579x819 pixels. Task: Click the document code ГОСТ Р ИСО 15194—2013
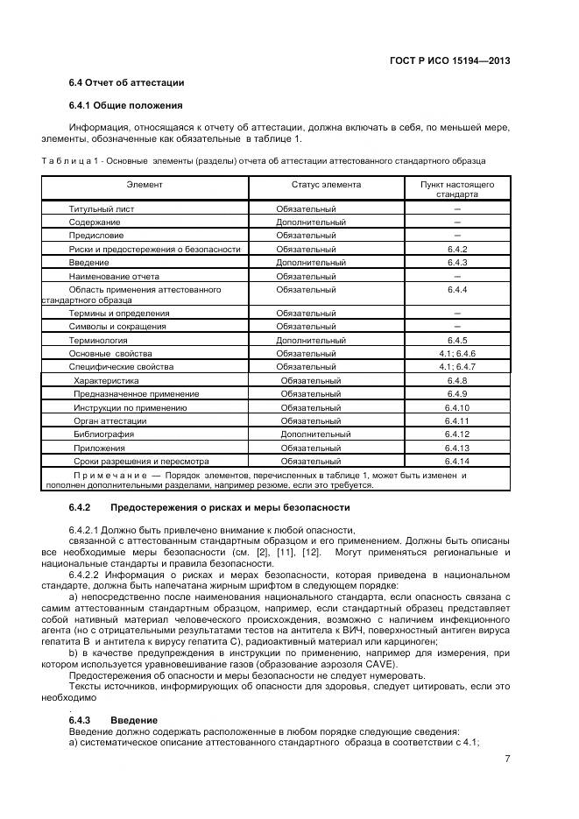450,61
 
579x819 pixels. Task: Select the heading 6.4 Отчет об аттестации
126,83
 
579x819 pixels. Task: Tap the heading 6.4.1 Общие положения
126,106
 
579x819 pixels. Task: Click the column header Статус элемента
326,185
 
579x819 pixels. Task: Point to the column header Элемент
145,185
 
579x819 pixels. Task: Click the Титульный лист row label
102,209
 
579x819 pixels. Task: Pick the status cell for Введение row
310,262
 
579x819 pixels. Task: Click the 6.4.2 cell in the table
457,249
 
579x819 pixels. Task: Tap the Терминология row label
98,339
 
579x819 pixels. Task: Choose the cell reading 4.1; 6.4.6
457,353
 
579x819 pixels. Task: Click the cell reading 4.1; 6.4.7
457,366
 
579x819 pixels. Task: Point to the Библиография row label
103,434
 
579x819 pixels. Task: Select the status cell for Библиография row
315,434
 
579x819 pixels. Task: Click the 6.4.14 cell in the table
457,461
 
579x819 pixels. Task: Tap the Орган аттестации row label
110,420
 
